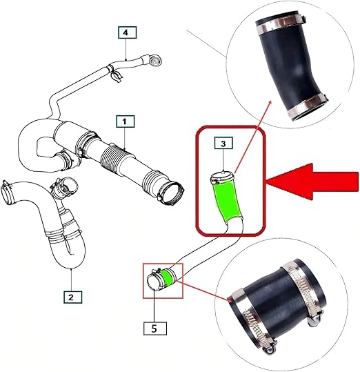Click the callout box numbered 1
pos(126,121)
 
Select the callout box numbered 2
pos(72,297)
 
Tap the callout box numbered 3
pos(223,143)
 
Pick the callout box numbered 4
pos(128,32)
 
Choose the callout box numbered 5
pos(155,329)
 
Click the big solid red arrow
pos(312,182)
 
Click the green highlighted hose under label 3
pos(227,202)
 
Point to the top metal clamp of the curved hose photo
pos(280,23)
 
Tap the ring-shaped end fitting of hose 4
pos(156,61)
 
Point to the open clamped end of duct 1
pos(172,192)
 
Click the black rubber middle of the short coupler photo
pos(275,305)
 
